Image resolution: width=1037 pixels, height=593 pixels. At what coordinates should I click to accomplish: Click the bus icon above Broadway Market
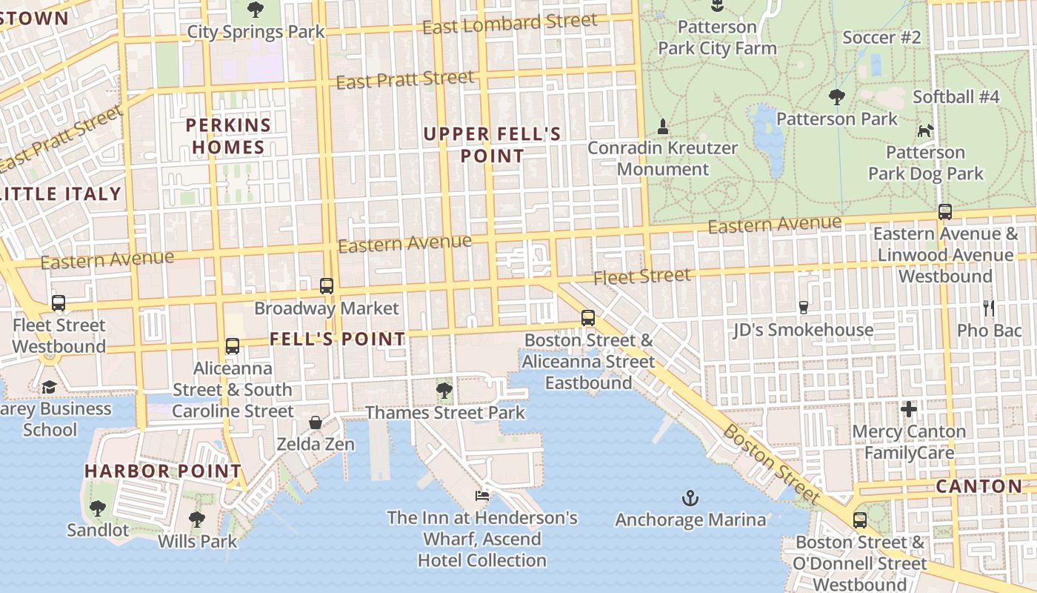(x=327, y=285)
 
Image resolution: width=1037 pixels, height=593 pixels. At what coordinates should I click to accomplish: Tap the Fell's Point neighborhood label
(x=337, y=339)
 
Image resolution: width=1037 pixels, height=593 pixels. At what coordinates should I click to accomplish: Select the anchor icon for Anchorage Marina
(x=690, y=497)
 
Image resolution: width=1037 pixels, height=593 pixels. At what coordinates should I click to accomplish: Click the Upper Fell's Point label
(x=492, y=145)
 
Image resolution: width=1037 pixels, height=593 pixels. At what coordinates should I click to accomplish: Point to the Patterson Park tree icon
(x=837, y=96)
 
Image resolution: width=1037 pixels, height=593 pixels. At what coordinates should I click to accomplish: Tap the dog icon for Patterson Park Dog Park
(x=925, y=131)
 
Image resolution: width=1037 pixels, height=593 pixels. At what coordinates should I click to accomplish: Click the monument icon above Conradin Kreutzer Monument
(x=663, y=127)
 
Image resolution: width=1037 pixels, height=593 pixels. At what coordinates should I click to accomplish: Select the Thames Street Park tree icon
(x=444, y=390)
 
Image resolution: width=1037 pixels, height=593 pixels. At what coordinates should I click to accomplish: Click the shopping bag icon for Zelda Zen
(x=316, y=423)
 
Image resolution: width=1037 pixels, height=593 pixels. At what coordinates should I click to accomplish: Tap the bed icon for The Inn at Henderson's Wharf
(x=482, y=495)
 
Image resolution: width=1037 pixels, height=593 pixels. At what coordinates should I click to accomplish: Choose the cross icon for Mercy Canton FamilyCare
(x=909, y=409)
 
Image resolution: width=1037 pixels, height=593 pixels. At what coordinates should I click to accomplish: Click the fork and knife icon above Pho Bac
(x=989, y=308)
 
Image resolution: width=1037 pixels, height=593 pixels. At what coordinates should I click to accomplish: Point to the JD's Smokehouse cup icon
(x=804, y=307)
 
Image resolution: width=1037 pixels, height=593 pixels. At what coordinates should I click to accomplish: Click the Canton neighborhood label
(x=978, y=486)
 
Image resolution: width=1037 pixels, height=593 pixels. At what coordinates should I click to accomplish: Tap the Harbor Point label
(x=163, y=471)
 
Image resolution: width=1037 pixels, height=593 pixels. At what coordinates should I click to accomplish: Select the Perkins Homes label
(x=228, y=136)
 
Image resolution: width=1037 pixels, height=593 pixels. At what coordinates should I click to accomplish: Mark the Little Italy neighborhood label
(x=61, y=194)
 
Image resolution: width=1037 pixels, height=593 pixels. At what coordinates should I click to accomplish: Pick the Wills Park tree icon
(x=197, y=519)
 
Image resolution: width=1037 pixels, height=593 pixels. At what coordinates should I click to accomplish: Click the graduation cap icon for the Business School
(x=49, y=387)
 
